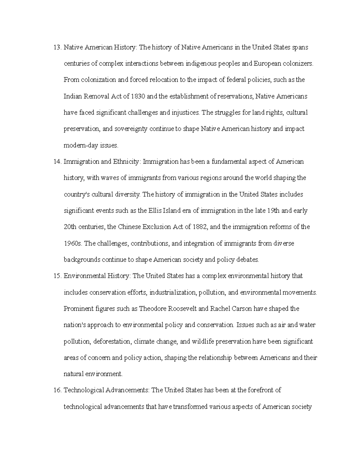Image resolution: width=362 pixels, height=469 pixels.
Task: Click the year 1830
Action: [x=138, y=97]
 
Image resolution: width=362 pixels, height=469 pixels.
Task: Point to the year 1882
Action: [x=200, y=227]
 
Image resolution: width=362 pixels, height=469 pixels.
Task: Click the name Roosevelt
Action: [x=183, y=309]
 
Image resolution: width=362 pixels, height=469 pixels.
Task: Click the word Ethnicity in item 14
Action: [x=126, y=162]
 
